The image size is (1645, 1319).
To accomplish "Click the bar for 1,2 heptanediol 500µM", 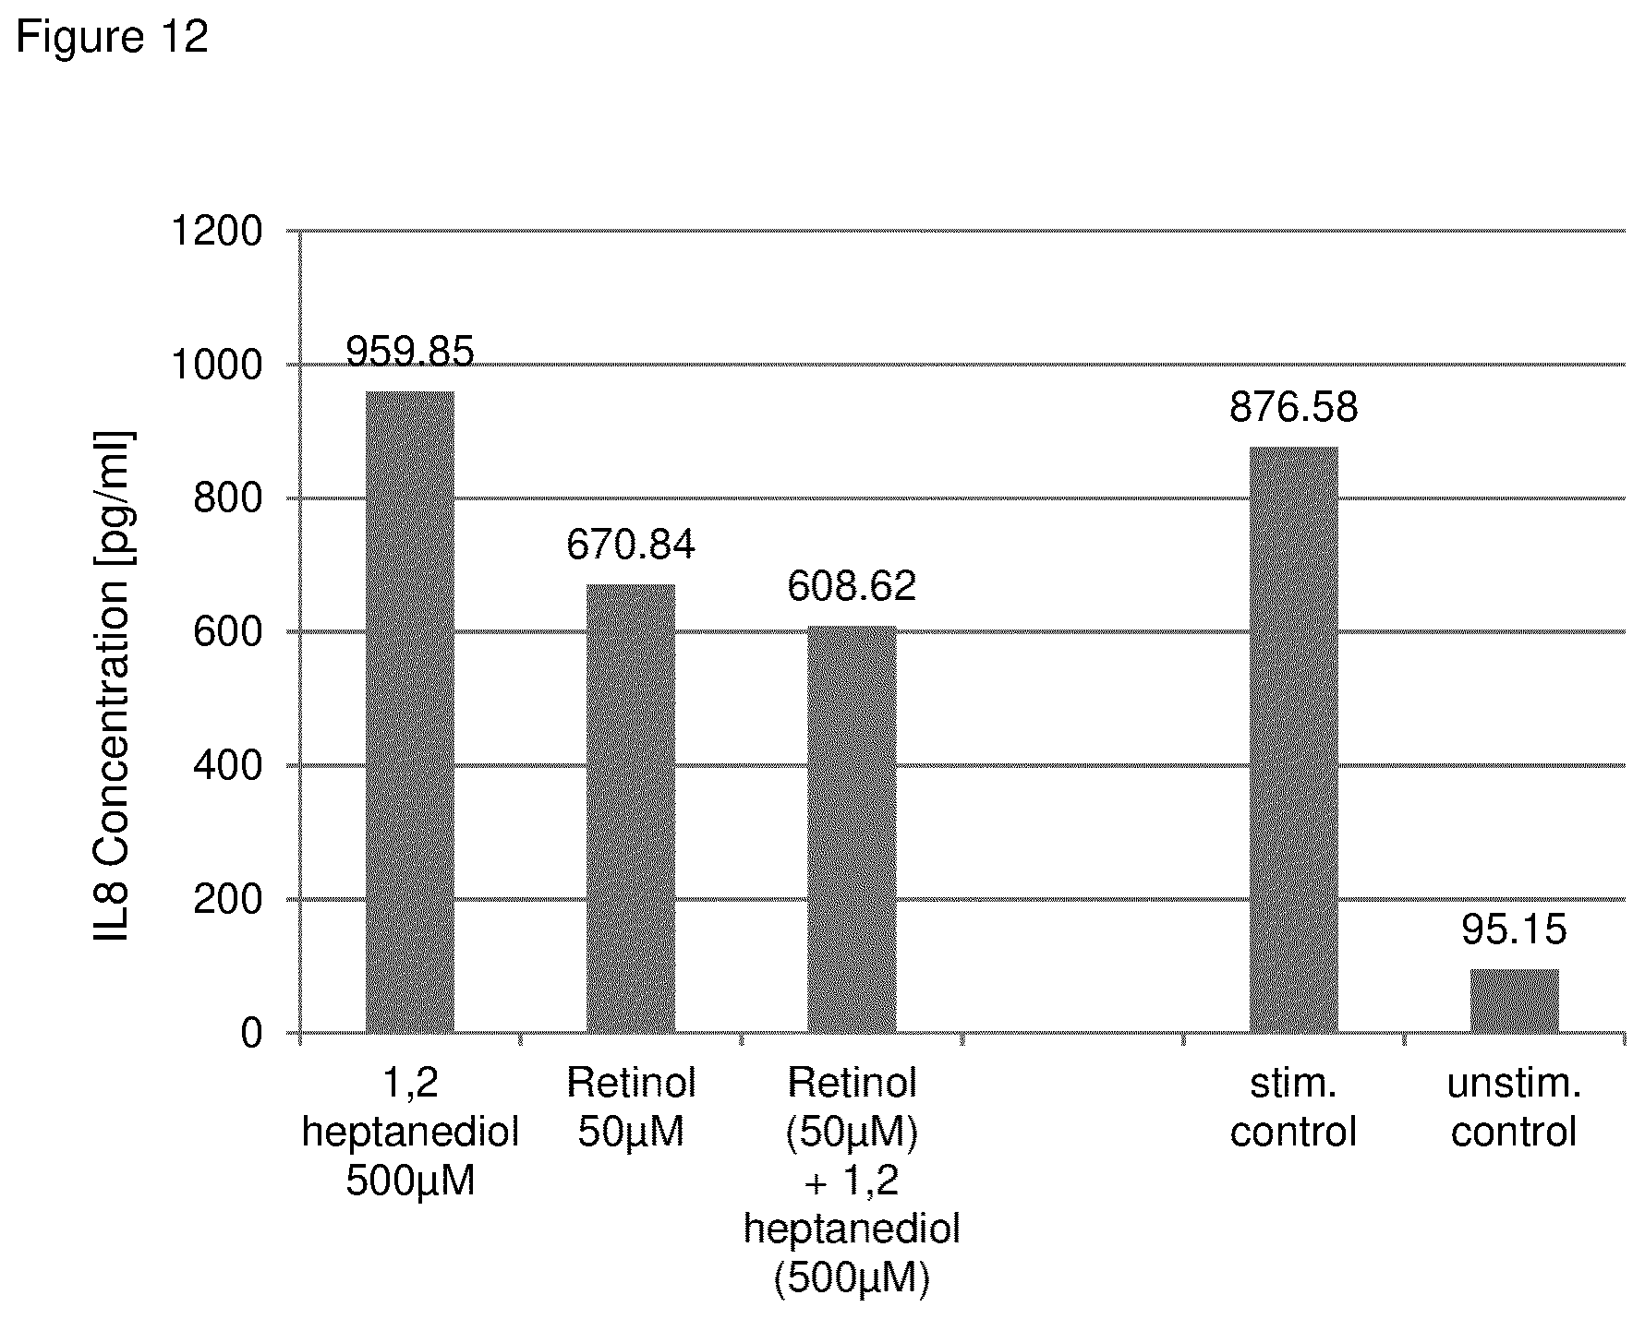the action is point(410,712).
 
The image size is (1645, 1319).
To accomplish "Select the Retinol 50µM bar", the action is point(631,809).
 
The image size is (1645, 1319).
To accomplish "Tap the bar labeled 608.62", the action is point(852,829).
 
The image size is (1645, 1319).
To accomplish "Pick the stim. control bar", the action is point(1293,739).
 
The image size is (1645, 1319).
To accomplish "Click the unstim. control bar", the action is point(1515,1001).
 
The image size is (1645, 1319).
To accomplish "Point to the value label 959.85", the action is point(410,352).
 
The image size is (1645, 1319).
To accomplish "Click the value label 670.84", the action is point(631,545).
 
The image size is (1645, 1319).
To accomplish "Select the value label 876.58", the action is point(1293,407).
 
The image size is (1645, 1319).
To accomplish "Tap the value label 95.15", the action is point(1515,929).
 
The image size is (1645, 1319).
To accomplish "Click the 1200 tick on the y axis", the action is point(218,231).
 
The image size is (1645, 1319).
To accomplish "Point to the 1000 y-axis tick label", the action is point(218,365).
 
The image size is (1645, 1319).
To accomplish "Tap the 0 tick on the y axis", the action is point(252,1034).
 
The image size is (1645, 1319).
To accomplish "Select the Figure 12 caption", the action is point(112,38).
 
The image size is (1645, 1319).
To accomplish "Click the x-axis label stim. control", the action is point(1293,1107).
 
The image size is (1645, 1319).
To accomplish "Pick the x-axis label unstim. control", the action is point(1515,1107).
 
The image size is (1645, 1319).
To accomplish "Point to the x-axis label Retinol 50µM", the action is point(631,1107).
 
